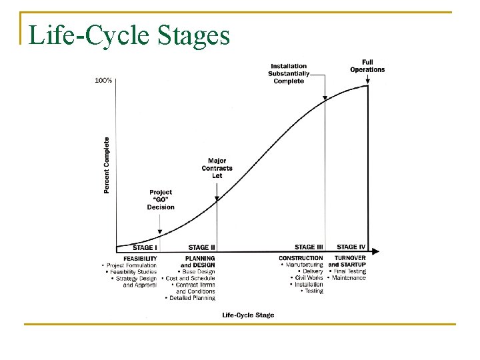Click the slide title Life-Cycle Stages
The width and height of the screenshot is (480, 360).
tap(130, 35)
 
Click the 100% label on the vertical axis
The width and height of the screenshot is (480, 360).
tap(103, 80)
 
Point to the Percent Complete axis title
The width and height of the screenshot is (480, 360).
tap(107, 165)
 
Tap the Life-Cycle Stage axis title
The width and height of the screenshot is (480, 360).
tap(248, 315)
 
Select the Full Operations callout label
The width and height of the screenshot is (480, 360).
tap(367, 66)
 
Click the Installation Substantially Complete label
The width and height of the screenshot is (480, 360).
tap(289, 73)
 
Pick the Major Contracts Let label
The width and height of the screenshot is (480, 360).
tap(217, 168)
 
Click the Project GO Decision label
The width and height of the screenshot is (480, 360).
tap(161, 200)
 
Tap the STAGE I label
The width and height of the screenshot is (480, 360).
tap(145, 248)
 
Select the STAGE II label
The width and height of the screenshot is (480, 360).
tap(202, 248)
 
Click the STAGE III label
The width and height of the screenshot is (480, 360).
tap(309, 247)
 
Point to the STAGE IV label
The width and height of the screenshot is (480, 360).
tap(351, 247)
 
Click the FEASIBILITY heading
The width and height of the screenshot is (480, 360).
tap(140, 258)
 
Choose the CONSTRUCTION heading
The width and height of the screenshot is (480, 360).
tap(301, 258)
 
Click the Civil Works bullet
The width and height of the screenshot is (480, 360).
tap(307, 278)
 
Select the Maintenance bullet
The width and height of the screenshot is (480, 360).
tap(347, 278)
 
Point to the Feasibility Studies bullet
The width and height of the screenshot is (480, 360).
tap(131, 271)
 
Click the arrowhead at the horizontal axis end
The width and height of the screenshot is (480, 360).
tap(376, 252)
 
